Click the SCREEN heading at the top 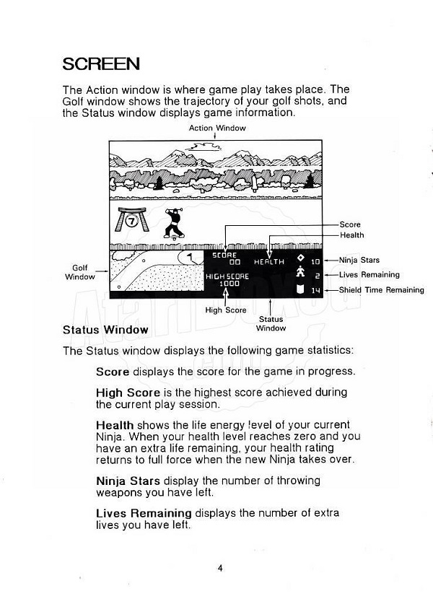point(101,64)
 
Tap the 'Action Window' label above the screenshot point(217,128)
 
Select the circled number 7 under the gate point(132,222)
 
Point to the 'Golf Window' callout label point(80,272)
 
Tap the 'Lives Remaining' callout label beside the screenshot point(369,275)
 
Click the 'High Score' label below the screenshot point(226,310)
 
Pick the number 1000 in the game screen point(229,284)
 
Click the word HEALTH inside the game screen point(268,262)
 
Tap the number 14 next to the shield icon point(315,291)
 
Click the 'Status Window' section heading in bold point(105,330)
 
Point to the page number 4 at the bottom point(219,567)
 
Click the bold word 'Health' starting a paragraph point(115,424)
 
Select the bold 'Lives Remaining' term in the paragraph point(144,513)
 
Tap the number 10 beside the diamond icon point(315,261)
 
